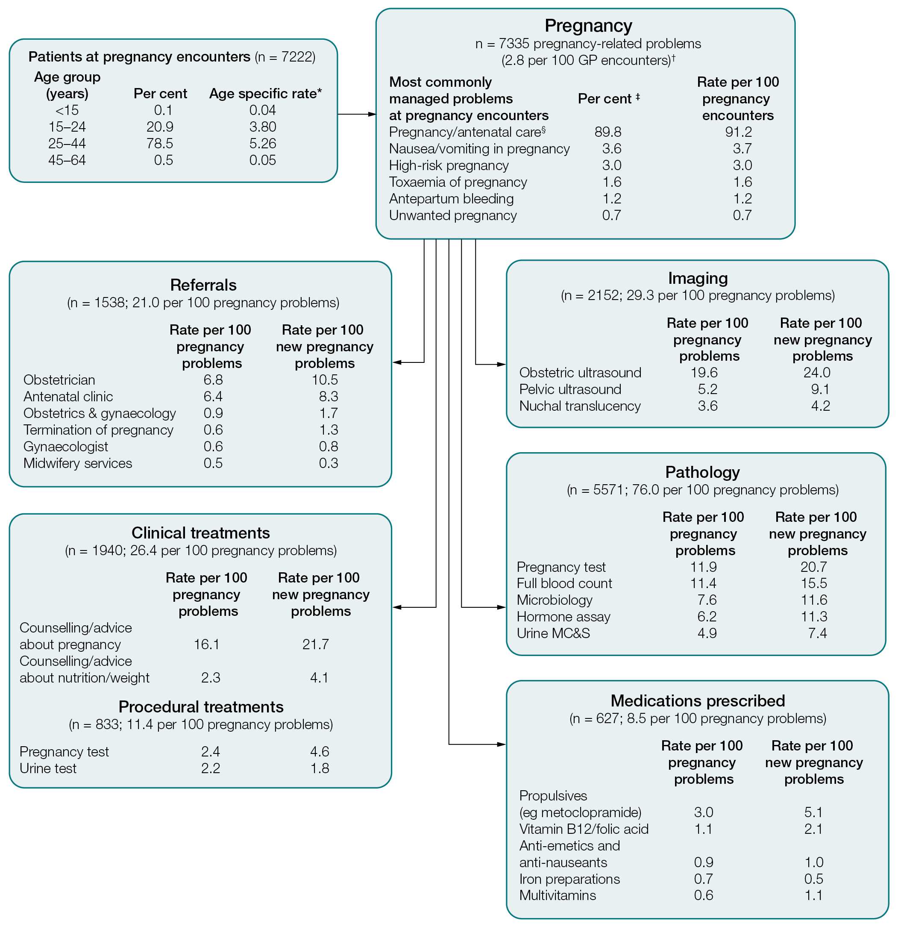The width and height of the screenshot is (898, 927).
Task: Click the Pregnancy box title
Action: click(x=588, y=26)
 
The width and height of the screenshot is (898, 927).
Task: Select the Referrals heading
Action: click(x=203, y=285)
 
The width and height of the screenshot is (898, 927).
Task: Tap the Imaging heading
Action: click(x=698, y=278)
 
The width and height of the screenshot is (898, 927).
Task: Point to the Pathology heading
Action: click(x=702, y=472)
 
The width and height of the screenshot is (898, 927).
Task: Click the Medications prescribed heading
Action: click(x=698, y=700)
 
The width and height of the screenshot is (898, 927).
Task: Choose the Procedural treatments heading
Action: click(x=201, y=706)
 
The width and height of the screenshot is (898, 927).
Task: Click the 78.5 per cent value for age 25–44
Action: click(x=159, y=143)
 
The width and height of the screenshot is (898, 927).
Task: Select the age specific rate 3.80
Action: click(x=262, y=127)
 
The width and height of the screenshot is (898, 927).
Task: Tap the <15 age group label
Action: click(x=67, y=110)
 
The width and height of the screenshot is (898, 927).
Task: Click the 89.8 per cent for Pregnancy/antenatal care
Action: click(x=607, y=132)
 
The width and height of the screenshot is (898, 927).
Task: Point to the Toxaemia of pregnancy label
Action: click(x=458, y=182)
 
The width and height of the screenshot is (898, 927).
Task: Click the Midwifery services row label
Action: click(x=78, y=463)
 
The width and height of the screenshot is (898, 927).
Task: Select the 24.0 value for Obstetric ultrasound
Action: click(x=817, y=373)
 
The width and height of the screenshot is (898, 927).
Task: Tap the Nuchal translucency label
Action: click(x=580, y=406)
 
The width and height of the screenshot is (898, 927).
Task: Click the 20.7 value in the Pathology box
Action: click(x=813, y=567)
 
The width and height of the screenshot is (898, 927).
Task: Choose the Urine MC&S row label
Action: click(x=553, y=633)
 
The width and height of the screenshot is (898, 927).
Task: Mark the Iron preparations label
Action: click(x=569, y=879)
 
